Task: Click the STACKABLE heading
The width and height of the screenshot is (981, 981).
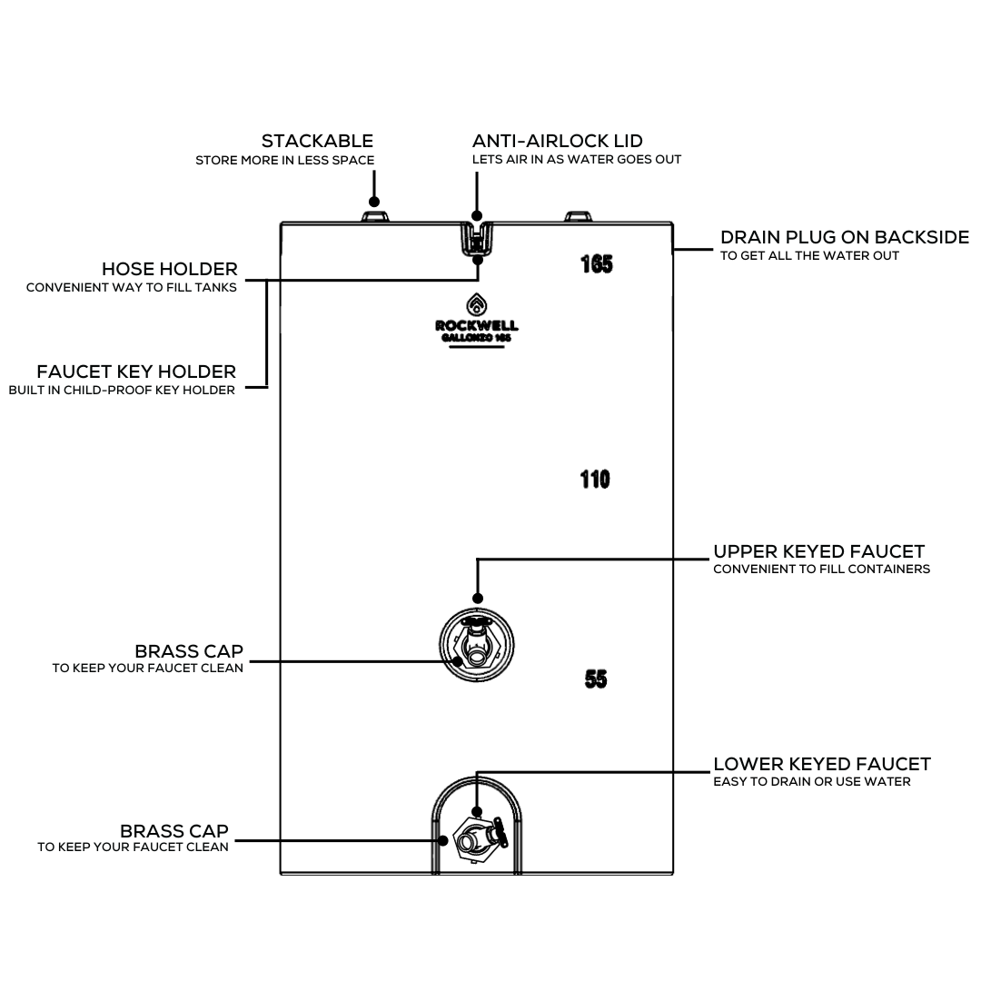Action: click(x=317, y=141)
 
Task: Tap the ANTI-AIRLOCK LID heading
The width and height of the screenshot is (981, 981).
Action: click(x=557, y=141)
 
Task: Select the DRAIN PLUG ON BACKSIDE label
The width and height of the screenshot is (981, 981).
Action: click(x=844, y=237)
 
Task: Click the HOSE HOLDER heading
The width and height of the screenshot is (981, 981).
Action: click(x=169, y=269)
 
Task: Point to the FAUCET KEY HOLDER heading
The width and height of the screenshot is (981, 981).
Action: click(x=136, y=372)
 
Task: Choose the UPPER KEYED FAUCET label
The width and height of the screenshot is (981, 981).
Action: click(x=818, y=551)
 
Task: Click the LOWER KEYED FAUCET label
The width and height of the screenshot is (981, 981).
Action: click(x=821, y=764)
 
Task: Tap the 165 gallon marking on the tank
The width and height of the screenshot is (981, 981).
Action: click(x=597, y=264)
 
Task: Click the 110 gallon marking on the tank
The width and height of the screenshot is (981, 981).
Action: click(x=595, y=479)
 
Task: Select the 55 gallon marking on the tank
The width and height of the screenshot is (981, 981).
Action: click(x=596, y=679)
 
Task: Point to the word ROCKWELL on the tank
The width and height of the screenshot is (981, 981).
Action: click(x=477, y=326)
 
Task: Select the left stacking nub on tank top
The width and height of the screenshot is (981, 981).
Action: click(x=374, y=216)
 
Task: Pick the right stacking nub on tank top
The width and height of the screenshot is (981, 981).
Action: click(x=579, y=216)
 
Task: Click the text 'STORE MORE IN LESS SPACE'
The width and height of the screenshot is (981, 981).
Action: click(x=284, y=161)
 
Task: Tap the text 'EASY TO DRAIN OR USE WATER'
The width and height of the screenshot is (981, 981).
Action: click(x=811, y=782)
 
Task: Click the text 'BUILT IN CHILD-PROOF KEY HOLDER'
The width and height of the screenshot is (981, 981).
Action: click(x=122, y=391)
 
